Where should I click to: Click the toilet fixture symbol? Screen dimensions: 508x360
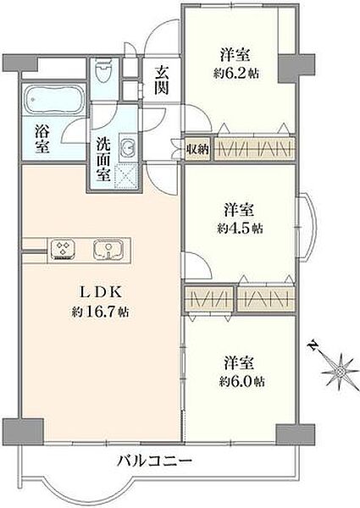tap(105, 69)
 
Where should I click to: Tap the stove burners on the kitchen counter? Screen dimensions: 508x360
tap(64, 249)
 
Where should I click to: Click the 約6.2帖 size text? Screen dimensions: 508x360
tap(237, 73)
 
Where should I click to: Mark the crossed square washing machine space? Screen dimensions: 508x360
tap(130, 177)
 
